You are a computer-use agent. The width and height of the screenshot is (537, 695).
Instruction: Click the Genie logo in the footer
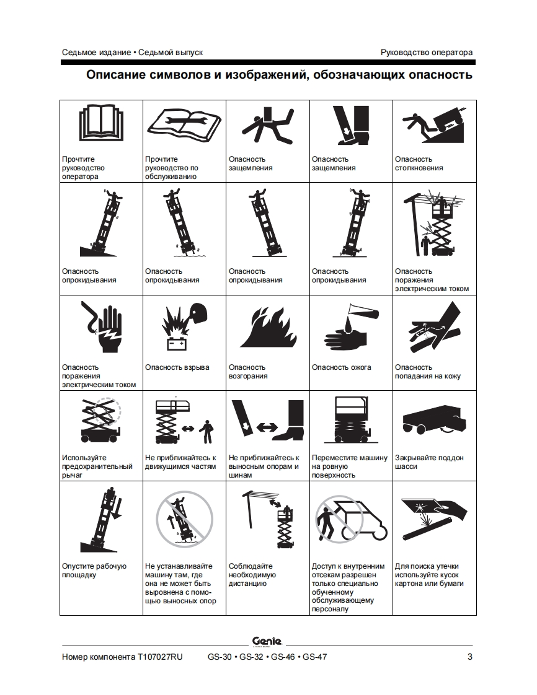(267, 641)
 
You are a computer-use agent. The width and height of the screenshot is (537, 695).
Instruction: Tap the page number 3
(470, 657)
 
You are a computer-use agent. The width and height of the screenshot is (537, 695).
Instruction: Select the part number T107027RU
(160, 657)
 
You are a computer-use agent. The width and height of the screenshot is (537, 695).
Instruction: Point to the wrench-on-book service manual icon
(184, 125)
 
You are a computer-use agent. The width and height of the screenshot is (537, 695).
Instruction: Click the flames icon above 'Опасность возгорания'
(268, 328)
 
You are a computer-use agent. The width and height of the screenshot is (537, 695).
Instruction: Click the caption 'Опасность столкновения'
(419, 164)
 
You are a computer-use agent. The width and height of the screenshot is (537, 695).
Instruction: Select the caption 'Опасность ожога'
(341, 367)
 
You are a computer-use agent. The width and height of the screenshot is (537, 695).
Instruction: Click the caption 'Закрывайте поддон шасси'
(429, 462)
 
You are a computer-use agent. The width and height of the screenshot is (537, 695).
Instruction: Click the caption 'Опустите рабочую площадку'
(94, 570)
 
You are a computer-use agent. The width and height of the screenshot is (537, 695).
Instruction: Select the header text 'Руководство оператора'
(427, 52)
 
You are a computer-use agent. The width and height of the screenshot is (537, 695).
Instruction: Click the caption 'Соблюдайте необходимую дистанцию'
(252, 575)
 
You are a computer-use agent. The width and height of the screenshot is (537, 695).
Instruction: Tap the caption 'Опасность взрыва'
(177, 367)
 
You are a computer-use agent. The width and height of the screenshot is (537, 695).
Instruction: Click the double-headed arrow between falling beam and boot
(267, 427)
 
